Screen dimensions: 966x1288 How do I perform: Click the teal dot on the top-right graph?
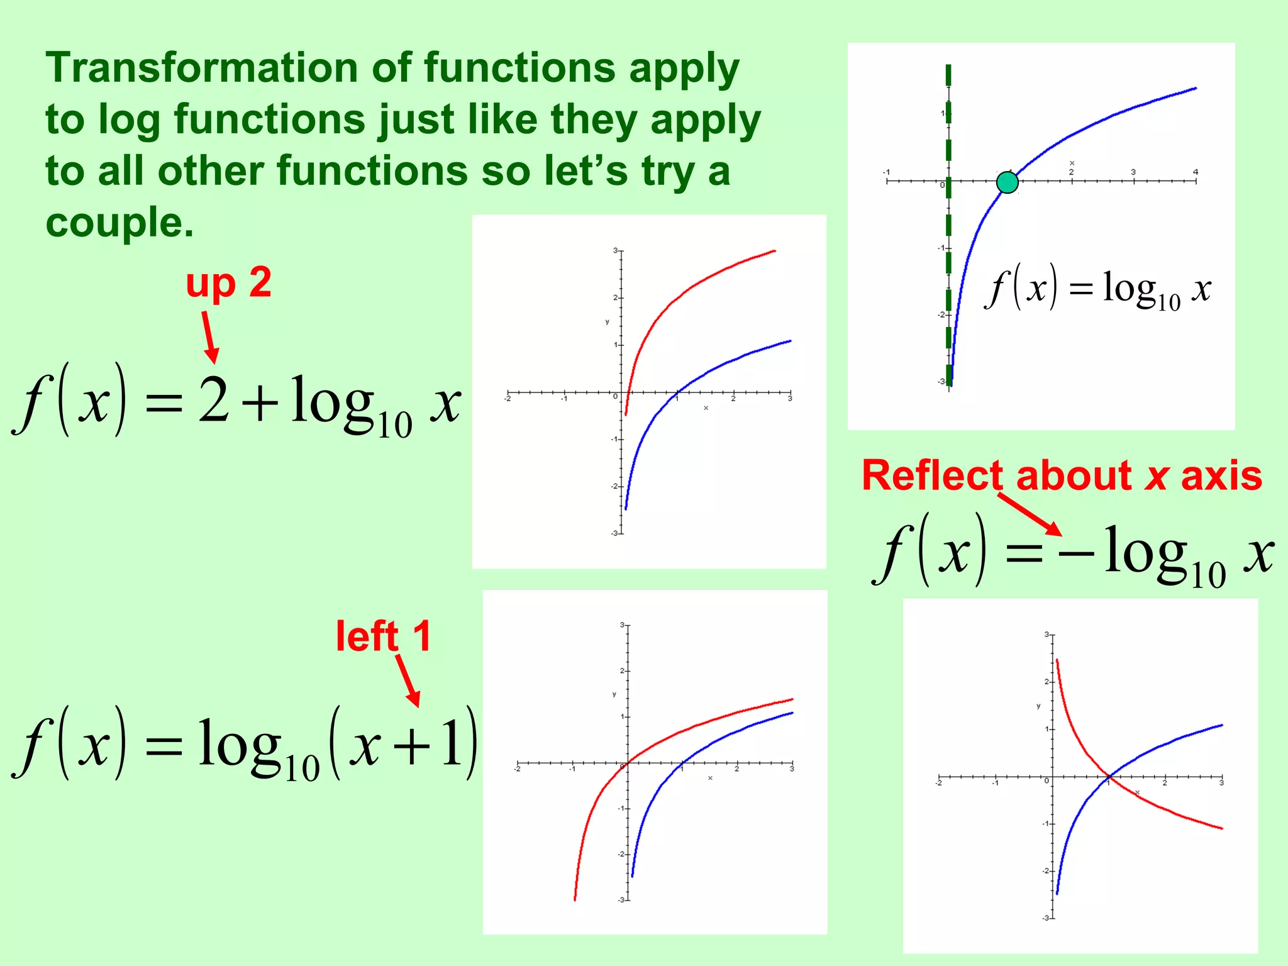click(x=1008, y=182)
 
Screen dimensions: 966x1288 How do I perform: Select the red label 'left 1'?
click(x=383, y=636)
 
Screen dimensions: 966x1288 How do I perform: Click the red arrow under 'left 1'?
click(x=408, y=680)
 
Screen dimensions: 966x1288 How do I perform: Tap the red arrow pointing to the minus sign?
click(x=1029, y=514)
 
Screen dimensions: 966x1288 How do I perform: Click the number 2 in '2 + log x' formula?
click(x=214, y=401)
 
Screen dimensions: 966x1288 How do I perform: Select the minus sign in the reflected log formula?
click(x=1075, y=553)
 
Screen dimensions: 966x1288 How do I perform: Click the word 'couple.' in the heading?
click(x=119, y=223)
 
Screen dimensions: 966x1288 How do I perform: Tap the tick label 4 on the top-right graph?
click(x=1196, y=172)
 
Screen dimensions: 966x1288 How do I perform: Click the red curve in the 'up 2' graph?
click(x=692, y=287)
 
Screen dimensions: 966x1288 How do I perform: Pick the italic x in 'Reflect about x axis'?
click(x=1157, y=476)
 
